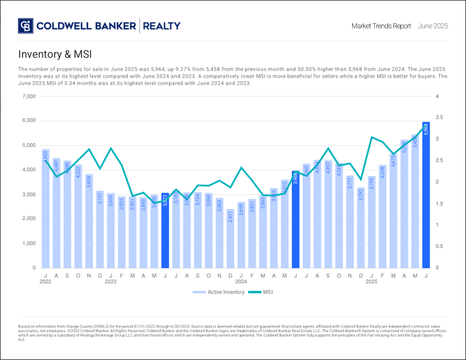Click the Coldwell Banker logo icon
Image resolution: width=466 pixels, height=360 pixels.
click(26, 26)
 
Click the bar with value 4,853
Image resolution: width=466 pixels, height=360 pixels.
click(45, 208)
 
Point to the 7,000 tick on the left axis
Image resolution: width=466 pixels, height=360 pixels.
click(28, 96)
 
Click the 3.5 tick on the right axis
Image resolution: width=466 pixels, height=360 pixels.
click(439, 118)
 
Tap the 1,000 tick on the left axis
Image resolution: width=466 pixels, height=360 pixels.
click(28, 244)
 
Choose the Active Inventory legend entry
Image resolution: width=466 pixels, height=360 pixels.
click(216, 291)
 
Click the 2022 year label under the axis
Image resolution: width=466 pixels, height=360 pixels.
click(46, 281)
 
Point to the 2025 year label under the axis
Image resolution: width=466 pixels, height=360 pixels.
click(372, 281)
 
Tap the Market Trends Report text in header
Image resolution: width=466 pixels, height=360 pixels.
click(381, 26)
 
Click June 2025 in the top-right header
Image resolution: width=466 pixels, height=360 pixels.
click(432, 26)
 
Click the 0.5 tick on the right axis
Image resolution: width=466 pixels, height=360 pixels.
click(439, 247)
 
